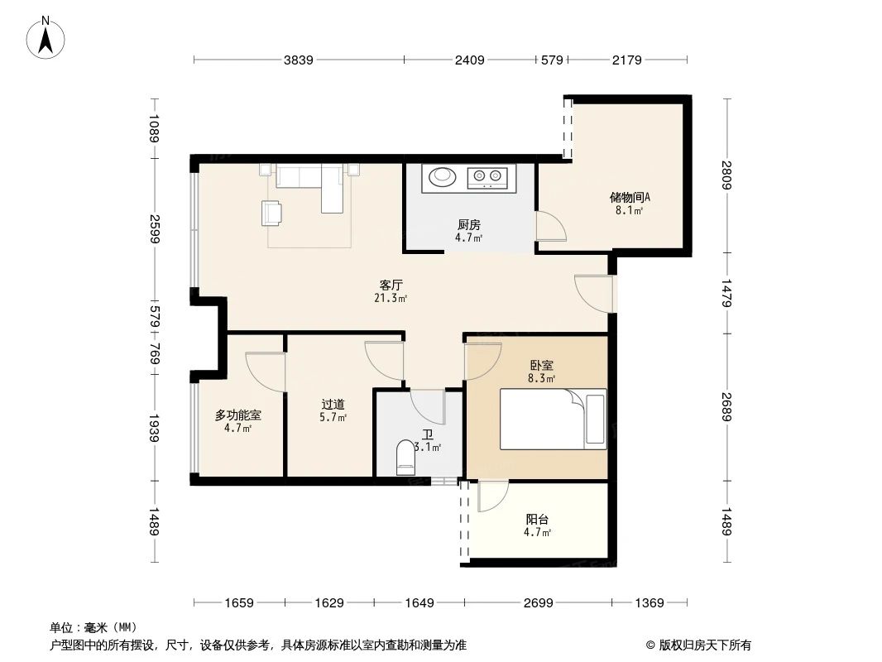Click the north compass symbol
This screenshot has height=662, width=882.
[x=47, y=37]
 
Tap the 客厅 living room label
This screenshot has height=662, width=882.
[x=391, y=285]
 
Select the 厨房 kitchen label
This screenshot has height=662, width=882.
[x=468, y=224]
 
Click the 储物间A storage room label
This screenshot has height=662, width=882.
[x=630, y=198]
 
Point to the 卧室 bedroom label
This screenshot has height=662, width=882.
[x=542, y=365]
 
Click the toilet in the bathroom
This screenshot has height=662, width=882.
[x=405, y=458]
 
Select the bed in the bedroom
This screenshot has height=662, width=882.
[x=553, y=419]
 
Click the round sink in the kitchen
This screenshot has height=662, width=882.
[x=440, y=176]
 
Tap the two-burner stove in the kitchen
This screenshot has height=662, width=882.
[x=487, y=176]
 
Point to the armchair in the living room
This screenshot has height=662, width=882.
[x=271, y=213]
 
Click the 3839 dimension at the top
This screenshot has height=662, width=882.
[x=298, y=60]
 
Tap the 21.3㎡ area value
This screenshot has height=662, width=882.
[x=391, y=299]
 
